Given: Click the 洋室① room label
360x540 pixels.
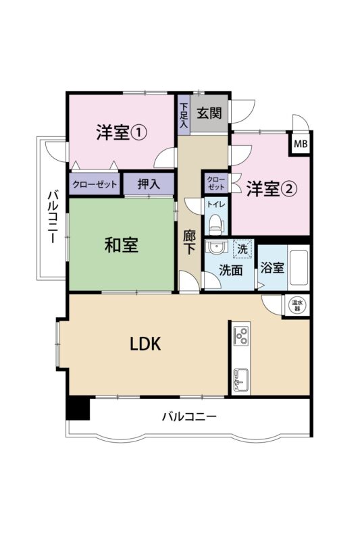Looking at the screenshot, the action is (x=122, y=132).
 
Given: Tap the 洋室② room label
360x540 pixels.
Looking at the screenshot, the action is (x=272, y=188).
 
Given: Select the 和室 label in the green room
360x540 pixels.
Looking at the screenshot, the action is (x=122, y=245).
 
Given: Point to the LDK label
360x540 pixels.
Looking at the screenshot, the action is (x=145, y=344).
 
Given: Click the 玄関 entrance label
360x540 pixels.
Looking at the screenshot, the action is (x=209, y=113).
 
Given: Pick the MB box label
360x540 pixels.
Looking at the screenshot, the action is (x=301, y=144).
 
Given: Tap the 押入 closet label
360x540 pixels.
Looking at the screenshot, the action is (x=149, y=184).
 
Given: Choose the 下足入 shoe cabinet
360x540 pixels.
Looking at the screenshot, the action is (x=184, y=115).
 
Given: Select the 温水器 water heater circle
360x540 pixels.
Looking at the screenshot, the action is (x=297, y=305).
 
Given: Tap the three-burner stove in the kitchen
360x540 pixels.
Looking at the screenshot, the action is (x=241, y=335).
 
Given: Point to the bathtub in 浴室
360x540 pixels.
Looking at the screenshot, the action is (x=299, y=267).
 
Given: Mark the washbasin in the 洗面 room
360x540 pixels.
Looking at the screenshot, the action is (x=216, y=247).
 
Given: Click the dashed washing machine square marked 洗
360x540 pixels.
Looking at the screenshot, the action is (x=243, y=248).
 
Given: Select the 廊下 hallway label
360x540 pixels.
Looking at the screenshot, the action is (x=189, y=242).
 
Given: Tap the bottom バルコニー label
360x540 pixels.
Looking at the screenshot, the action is (x=189, y=416).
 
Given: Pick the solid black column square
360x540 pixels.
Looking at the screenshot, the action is (x=78, y=408).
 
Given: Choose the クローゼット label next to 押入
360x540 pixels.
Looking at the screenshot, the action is (x=95, y=184).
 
